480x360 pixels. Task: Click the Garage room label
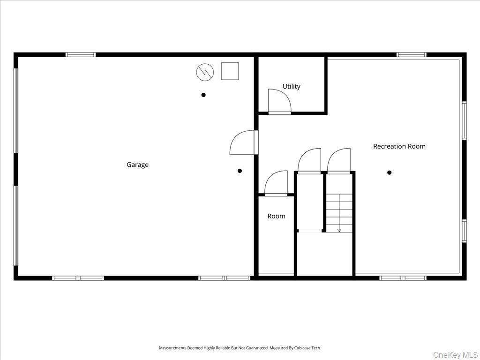(x=137, y=165)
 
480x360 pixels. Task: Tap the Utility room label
(x=291, y=86)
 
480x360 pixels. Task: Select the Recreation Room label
(x=399, y=146)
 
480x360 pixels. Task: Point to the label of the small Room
(x=276, y=216)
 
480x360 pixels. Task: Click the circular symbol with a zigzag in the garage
(x=205, y=71)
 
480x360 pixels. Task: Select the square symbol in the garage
(x=230, y=71)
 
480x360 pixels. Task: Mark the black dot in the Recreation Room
(x=389, y=172)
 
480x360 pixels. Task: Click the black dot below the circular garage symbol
(x=203, y=95)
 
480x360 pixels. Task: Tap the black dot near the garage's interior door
(x=240, y=171)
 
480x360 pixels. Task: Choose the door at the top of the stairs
(x=339, y=162)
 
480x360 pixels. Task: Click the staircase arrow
(x=339, y=229)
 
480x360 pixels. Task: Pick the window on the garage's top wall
(x=81, y=54)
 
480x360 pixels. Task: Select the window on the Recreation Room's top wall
(x=412, y=54)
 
